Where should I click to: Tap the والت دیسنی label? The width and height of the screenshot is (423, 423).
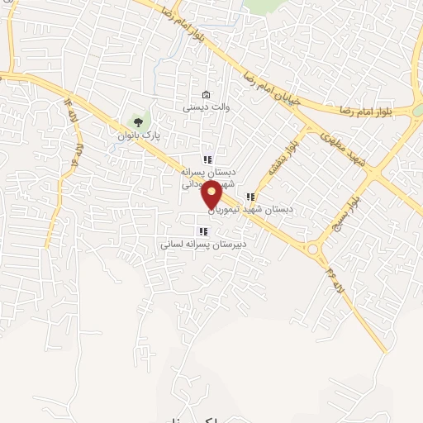pyautogui.click(x=202, y=107)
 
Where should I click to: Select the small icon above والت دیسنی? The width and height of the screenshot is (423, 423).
pyautogui.click(x=206, y=93)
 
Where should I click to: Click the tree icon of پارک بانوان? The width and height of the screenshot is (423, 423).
pyautogui.click(x=137, y=121)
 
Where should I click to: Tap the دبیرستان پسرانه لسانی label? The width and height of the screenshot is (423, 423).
pyautogui.click(x=202, y=245)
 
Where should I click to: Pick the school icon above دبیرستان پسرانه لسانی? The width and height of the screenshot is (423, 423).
pyautogui.click(x=202, y=231)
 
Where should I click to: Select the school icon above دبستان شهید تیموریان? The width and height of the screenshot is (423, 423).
pyautogui.click(x=250, y=197)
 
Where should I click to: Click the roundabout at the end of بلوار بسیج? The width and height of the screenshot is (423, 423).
pyautogui.click(x=314, y=248)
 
